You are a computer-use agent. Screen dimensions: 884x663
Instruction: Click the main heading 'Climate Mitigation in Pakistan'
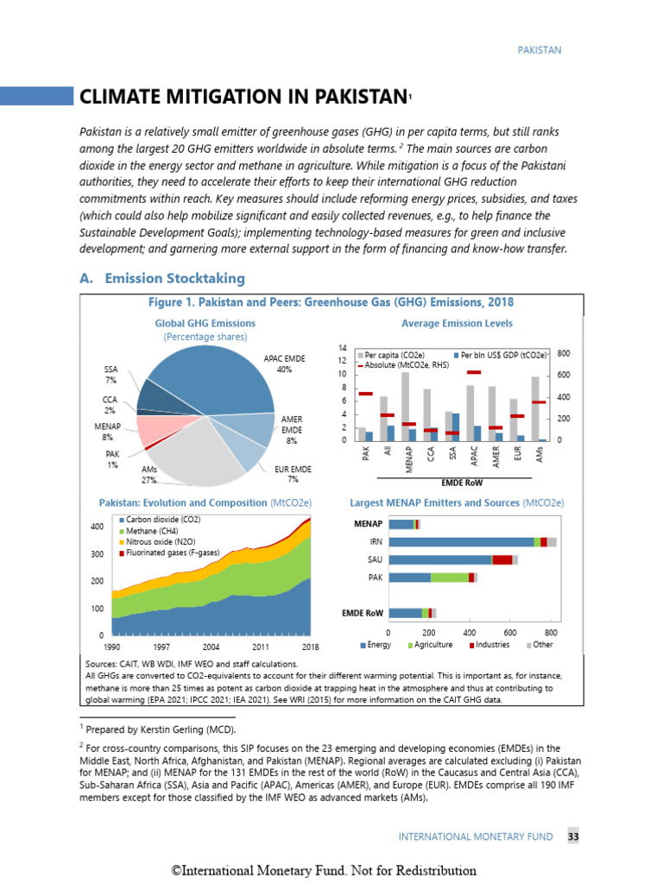[x=243, y=96]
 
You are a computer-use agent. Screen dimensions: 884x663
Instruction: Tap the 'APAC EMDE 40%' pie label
[x=284, y=363]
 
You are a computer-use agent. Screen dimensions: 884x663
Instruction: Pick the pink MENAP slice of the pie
[x=155, y=426]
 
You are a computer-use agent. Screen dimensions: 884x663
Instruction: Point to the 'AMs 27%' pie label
[x=148, y=474]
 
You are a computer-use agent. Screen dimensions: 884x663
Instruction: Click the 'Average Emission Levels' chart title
[x=457, y=324]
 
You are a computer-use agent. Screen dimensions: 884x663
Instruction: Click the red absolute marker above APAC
[x=473, y=372]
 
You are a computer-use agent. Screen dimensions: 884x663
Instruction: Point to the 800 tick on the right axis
[x=564, y=354]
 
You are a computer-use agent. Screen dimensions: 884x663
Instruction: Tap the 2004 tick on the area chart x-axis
[x=211, y=647]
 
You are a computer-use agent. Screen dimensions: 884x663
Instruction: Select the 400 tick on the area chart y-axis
[x=97, y=527]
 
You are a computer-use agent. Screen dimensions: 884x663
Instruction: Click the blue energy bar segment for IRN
[x=461, y=541]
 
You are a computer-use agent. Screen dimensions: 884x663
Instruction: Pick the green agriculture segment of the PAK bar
[x=449, y=577]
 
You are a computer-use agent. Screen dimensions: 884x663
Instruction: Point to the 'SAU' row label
[x=375, y=559]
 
